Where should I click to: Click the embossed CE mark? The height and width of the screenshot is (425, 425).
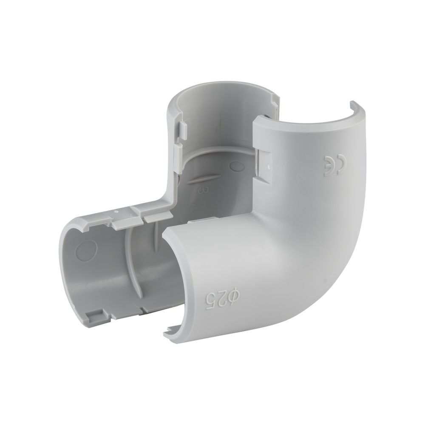click(x=333, y=166)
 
